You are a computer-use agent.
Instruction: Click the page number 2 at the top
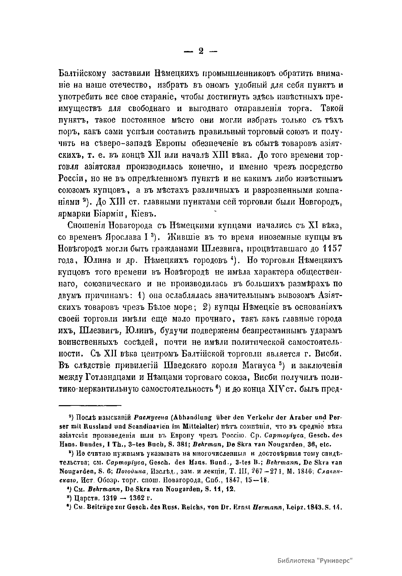tap(201, 51)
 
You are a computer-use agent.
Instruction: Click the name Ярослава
tap(118, 237)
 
